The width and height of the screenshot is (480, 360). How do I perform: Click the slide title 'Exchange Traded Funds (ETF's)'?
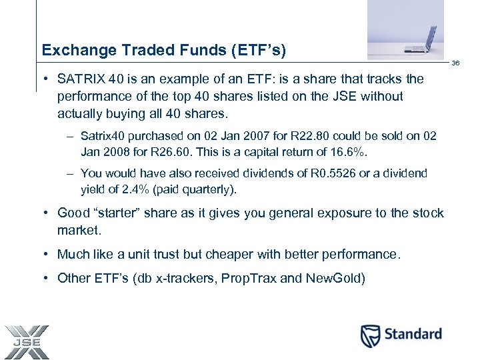click(163, 49)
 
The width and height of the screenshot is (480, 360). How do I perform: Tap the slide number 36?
click(456, 63)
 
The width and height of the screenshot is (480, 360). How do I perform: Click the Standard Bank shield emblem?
click(370, 335)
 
